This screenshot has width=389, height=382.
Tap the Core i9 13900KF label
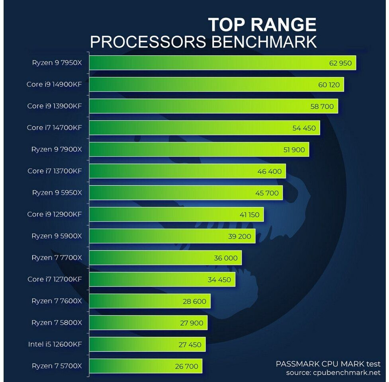point(55,106)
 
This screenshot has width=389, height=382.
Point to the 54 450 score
point(304,128)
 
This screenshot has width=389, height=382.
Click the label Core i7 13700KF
point(55,171)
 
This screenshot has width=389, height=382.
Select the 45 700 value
point(267,193)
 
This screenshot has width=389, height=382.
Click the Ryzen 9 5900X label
point(57,236)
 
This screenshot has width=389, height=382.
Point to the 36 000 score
point(225,258)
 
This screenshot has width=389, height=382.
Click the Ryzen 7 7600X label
point(57,301)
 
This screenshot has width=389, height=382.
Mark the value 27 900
point(192,323)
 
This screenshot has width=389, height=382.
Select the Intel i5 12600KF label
point(55,344)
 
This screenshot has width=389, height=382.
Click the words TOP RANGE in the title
point(262,25)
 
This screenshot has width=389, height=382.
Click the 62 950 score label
point(340,63)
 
